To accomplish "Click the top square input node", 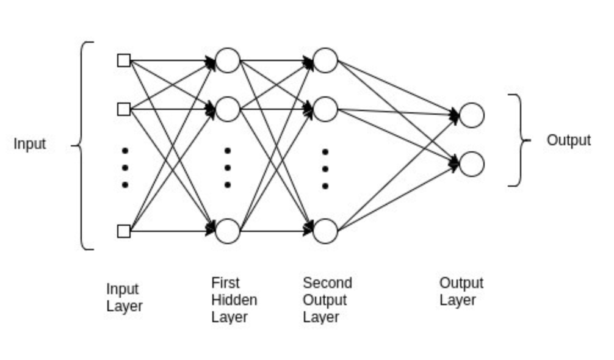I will click(124, 60).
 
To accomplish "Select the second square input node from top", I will click(124, 109).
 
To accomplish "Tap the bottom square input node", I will click(124, 231).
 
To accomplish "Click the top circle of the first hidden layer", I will click(228, 60).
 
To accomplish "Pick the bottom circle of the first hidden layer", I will click(228, 231).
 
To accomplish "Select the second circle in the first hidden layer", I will click(228, 109).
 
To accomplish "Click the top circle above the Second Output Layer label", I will click(325, 60).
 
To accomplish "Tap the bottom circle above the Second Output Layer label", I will click(325, 231).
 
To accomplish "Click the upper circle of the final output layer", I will click(472, 115).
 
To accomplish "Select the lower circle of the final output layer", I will click(472, 164).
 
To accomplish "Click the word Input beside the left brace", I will click(30, 145).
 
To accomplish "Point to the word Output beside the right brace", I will click(568, 140).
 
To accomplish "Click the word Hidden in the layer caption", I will click(234, 300).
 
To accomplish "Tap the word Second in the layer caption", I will click(327, 283).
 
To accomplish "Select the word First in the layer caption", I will click(225, 283).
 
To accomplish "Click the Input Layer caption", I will click(124, 297).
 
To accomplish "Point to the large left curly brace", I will click(85, 145).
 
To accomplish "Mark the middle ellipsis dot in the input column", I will click(125, 167).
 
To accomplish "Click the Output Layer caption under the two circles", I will click(461, 292).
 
